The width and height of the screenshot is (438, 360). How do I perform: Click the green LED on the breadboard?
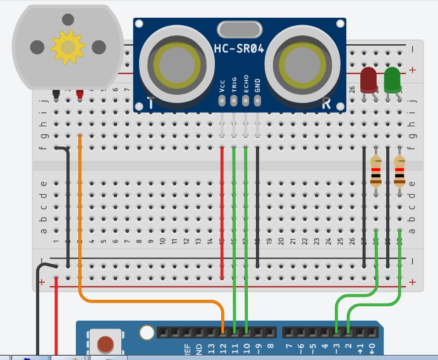(x=392, y=80)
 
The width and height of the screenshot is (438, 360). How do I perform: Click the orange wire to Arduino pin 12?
(x=80, y=221)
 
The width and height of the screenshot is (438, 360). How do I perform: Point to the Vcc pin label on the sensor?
(x=222, y=85)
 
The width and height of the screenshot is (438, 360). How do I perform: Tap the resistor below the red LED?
(x=376, y=173)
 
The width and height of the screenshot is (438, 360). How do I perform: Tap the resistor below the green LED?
(x=399, y=173)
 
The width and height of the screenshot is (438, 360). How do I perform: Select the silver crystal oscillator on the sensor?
(x=240, y=28)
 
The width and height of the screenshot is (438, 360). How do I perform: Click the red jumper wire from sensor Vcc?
(x=222, y=209)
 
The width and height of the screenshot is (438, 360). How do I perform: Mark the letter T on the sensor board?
(x=150, y=103)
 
